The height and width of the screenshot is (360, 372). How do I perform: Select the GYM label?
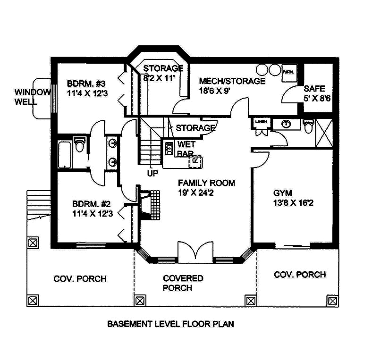282,193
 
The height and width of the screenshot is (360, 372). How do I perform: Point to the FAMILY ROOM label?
206,183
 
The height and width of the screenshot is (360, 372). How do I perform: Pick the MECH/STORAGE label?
232,81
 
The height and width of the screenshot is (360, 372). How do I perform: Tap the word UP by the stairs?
152,173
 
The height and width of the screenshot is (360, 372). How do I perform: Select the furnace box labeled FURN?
287,72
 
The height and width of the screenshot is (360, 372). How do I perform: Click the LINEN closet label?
261,122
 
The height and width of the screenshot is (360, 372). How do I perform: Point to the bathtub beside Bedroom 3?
65,154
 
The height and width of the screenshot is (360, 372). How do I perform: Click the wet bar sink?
169,150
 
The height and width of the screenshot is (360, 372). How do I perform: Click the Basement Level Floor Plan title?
171,324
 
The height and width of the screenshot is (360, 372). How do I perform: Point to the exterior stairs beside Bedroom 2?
38,203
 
